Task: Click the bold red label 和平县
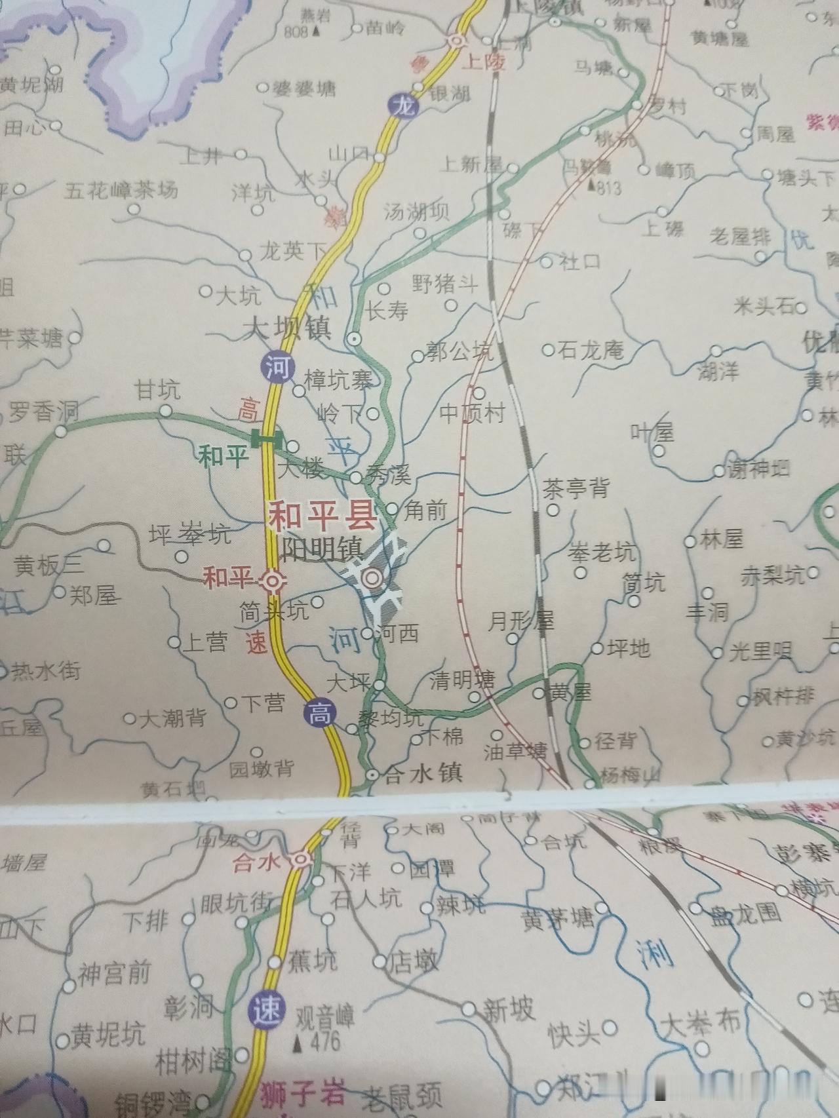click(322, 516)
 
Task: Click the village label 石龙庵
click(591, 351)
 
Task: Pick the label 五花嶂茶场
click(121, 191)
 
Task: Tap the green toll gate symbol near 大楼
click(267, 437)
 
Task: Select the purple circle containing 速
click(267, 1009)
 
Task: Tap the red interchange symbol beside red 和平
click(271, 580)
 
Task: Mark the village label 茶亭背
click(576, 488)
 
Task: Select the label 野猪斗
click(444, 284)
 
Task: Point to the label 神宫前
click(114, 973)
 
